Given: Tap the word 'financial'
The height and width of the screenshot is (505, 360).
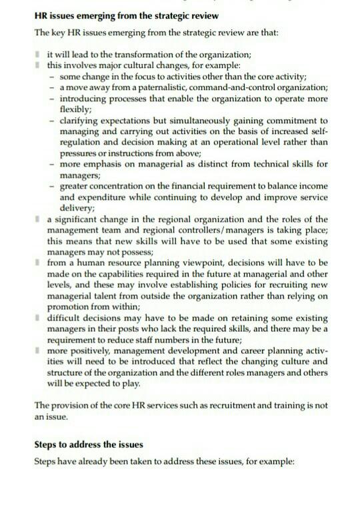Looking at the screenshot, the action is [197, 186].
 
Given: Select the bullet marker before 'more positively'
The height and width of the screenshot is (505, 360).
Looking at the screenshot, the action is [39, 349].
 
